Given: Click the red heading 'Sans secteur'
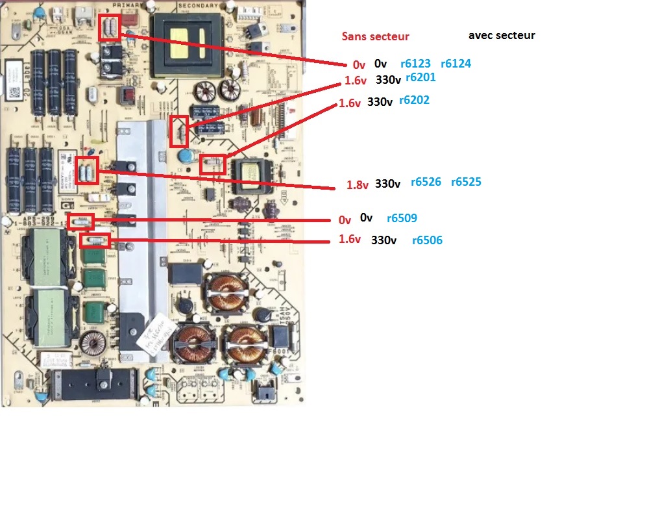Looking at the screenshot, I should (x=376, y=36).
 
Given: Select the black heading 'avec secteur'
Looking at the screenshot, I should (x=501, y=35).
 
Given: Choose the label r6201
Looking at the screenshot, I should (x=420, y=77).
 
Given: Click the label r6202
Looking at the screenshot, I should (x=414, y=101).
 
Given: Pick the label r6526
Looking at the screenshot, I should (x=426, y=182).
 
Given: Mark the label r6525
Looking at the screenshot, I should (x=466, y=182).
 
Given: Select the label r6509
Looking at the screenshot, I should (x=402, y=218).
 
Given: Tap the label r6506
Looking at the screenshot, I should (x=427, y=240).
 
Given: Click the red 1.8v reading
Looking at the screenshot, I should (x=357, y=185).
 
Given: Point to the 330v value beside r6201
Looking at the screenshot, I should (x=388, y=80).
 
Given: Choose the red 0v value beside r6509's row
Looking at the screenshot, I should (x=345, y=221).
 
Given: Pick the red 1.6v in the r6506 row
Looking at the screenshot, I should (x=349, y=240).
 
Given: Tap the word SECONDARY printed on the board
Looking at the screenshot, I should (x=198, y=5).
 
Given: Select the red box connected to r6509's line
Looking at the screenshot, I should (x=81, y=221).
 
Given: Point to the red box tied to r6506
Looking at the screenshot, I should (x=95, y=242).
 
